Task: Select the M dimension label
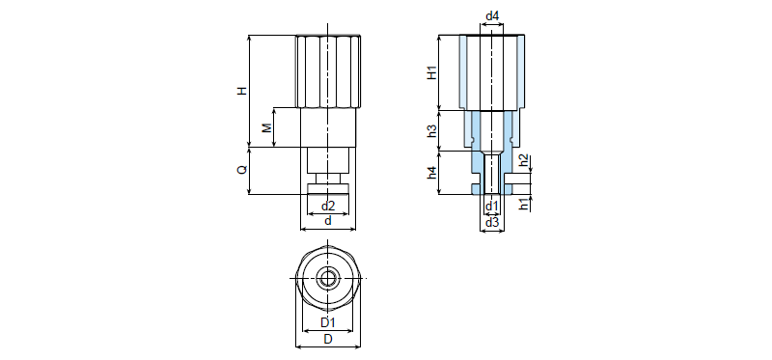(x=266, y=128)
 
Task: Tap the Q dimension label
(x=242, y=170)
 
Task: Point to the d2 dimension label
(x=328, y=206)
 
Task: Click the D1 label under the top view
(x=328, y=323)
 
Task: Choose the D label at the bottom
(x=328, y=340)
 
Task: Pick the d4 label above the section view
(x=492, y=16)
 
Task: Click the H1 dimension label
(x=431, y=73)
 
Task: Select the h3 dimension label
(x=431, y=131)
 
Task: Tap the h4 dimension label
(x=431, y=173)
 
